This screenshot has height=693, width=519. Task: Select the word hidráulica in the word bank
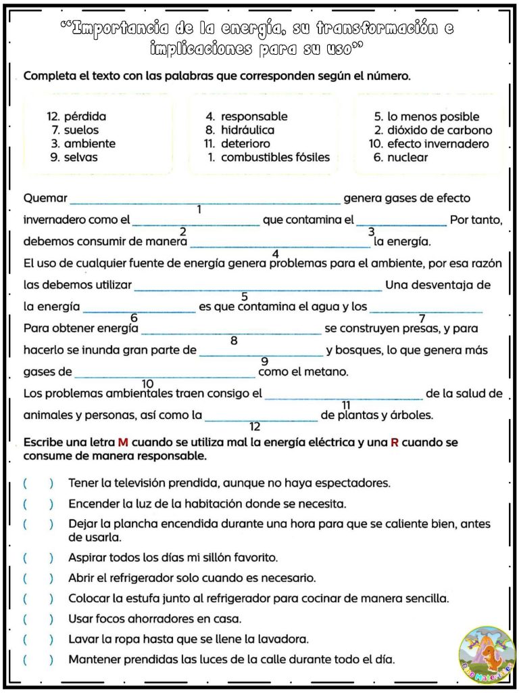coord(247,130)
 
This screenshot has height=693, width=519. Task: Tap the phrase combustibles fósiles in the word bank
coord(275,157)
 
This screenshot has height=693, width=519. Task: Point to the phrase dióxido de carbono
coord(440,130)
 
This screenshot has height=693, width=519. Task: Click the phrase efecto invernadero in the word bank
coord(438,143)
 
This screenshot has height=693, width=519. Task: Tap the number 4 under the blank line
coord(275,254)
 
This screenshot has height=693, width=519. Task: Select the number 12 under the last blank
coord(255,426)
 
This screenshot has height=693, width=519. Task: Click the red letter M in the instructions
coord(123,443)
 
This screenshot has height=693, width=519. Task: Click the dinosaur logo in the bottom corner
coord(486,656)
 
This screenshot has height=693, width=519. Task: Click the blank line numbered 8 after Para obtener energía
coord(231,331)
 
